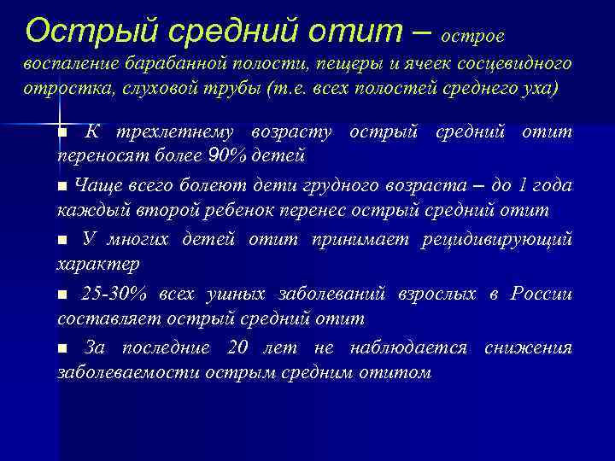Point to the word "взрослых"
point(436,294)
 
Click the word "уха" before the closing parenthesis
point(536,90)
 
